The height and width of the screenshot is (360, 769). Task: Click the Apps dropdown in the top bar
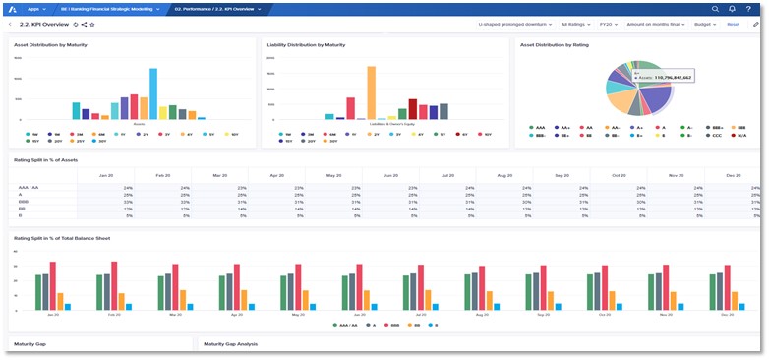[36, 8]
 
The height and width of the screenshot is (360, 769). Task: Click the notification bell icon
[732, 8]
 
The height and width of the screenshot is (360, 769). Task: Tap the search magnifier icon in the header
[715, 8]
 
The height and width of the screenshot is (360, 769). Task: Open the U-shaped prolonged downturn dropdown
[515, 23]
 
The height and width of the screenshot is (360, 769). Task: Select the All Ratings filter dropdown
[574, 23]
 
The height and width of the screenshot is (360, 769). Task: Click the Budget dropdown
[705, 23]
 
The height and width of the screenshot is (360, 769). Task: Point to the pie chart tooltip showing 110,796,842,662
[662, 75]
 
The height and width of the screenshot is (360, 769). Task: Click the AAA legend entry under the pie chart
[539, 127]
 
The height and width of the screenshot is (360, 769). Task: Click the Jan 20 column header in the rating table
[107, 174]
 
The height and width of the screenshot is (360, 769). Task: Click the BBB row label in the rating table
[23, 202]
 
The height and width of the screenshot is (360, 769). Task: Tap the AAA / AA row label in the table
[29, 187]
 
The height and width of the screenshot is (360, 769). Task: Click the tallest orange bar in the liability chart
[371, 92]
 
